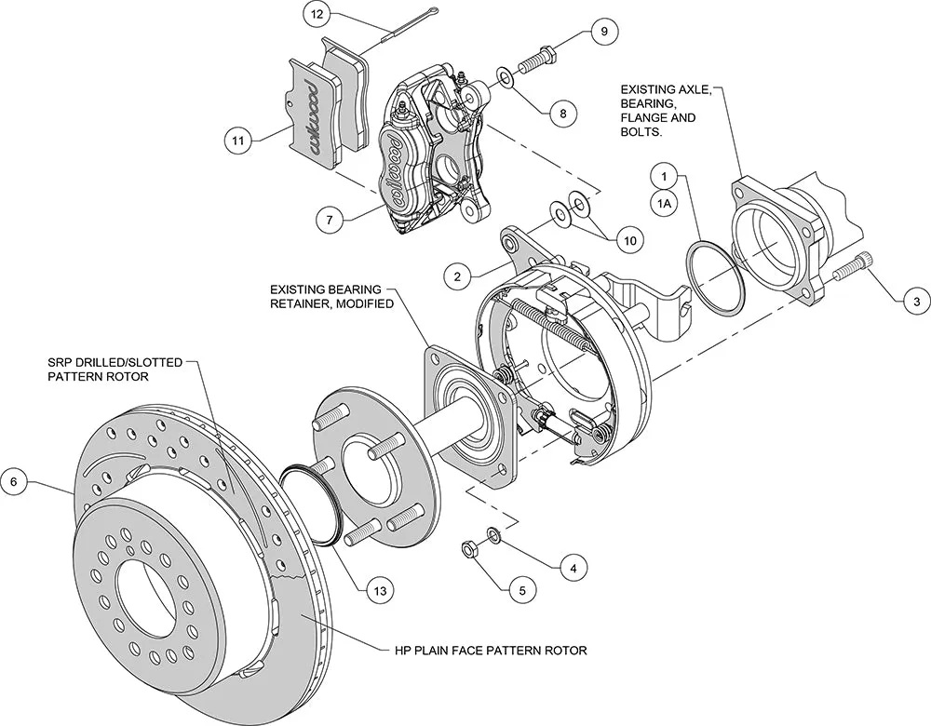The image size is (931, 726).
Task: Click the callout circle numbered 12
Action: pos(317,15)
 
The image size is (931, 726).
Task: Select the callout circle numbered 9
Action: pos(603,32)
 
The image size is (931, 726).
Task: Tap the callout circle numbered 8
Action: pos(562,114)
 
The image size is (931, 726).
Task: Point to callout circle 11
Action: pos(238,141)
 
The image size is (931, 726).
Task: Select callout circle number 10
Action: pos(630,239)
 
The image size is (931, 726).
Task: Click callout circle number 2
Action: pos(458,276)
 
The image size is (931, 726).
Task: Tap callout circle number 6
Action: pos(14,481)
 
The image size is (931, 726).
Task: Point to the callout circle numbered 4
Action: pos(573,566)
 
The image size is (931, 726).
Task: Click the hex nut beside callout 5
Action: pos(471,549)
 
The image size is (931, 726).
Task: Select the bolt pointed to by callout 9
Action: pos(537,59)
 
